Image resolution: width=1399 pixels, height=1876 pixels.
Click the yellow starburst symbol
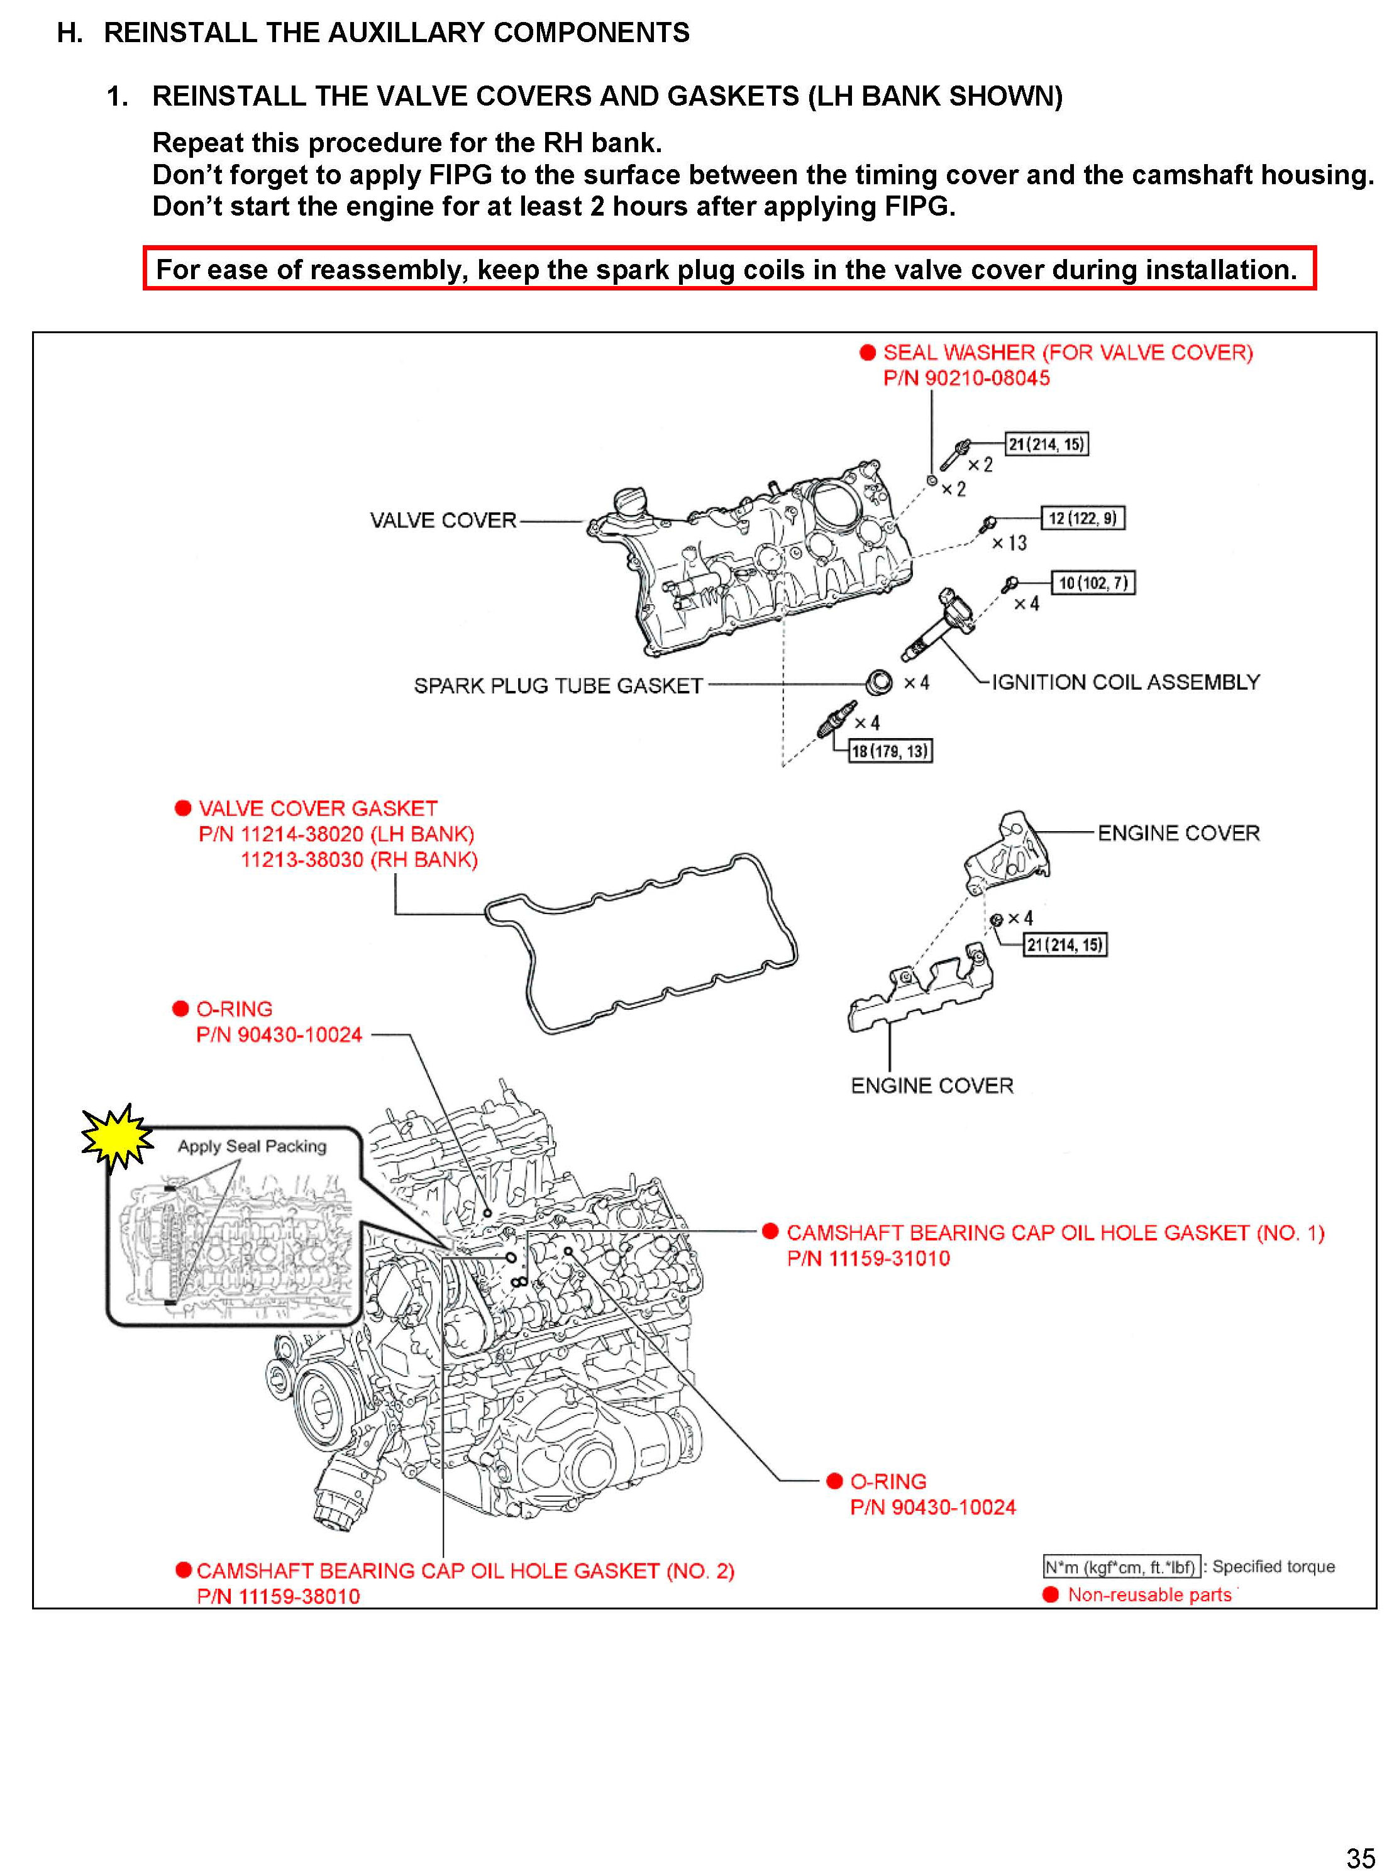tap(116, 1136)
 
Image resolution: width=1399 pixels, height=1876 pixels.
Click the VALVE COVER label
tap(442, 520)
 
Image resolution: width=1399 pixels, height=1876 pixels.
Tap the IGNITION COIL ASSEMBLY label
tap(1125, 681)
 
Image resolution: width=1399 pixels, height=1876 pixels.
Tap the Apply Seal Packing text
tap(252, 1145)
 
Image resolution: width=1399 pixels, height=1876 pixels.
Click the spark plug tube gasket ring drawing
tap(879, 681)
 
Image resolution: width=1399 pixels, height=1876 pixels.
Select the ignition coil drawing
tap(940, 626)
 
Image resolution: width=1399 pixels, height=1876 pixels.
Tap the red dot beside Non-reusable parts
tap(1050, 1594)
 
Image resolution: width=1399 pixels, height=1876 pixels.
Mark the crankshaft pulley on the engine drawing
tap(316, 1405)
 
